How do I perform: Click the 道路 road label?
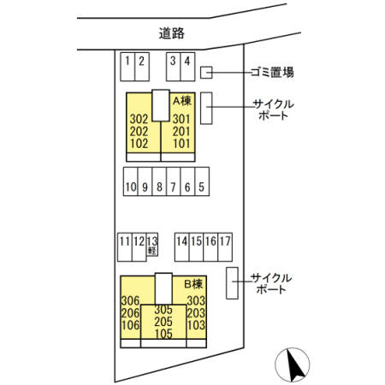[x=172, y=33]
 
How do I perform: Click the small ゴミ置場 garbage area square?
[x=206, y=72]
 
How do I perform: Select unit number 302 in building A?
[x=139, y=119]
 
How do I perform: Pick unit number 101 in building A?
[x=181, y=143]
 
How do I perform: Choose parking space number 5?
[x=200, y=185]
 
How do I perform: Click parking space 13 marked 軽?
[x=152, y=246]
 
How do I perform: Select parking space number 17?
[x=224, y=246]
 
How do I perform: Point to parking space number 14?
[x=181, y=246]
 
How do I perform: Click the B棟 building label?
[x=192, y=283]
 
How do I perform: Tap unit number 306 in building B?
[x=130, y=300]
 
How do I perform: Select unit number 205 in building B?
[x=164, y=322]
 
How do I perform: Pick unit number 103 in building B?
[x=196, y=325]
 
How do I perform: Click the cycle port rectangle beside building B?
[x=232, y=283]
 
